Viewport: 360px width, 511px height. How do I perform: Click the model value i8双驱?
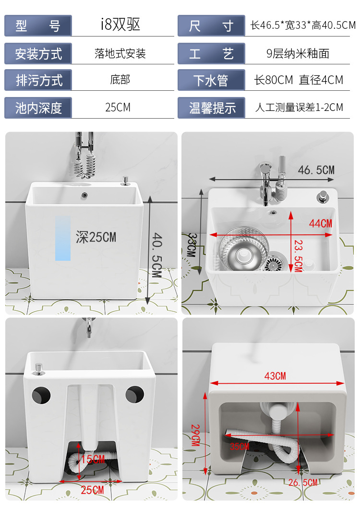[x=120, y=24]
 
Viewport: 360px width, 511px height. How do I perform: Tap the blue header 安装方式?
[x=38, y=54]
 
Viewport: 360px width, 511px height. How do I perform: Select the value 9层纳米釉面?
[x=298, y=53]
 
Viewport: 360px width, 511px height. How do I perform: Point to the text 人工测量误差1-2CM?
[x=299, y=107]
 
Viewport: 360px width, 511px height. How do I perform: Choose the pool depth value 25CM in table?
[x=118, y=107]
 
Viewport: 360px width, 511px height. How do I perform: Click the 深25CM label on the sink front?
[x=96, y=237]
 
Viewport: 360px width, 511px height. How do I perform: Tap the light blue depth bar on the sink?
[x=63, y=238]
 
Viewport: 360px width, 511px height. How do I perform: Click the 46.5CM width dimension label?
[x=316, y=170]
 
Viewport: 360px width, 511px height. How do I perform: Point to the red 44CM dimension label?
[x=321, y=224]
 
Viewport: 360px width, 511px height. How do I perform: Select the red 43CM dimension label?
[x=275, y=376]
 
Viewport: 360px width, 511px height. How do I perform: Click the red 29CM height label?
[x=195, y=435]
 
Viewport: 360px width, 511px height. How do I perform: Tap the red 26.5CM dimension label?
[x=303, y=482]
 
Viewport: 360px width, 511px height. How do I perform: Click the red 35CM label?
[x=240, y=446]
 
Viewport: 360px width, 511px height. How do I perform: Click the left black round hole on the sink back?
[x=41, y=395]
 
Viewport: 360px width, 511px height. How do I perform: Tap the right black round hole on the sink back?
[x=134, y=394]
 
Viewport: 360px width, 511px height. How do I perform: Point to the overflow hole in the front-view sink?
[x=84, y=195]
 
